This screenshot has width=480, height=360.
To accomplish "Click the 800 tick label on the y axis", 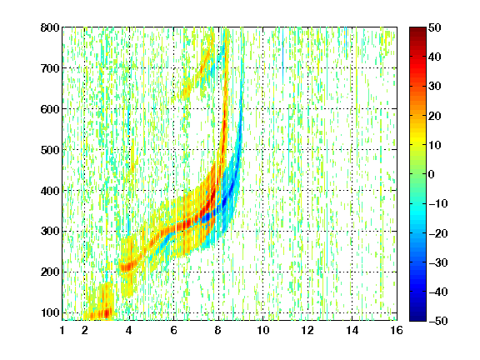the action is point(50,27).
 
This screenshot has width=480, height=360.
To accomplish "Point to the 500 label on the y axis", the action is point(50,150).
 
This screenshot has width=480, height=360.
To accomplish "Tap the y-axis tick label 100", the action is point(50,312).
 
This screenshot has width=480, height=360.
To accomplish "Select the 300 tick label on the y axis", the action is point(50,231).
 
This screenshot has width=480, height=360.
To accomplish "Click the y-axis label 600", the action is point(50,109).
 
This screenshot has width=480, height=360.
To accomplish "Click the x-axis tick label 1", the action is point(62,330).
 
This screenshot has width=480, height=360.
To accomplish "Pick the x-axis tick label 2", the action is point(85,330).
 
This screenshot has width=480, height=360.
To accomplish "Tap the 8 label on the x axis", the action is point(218,330).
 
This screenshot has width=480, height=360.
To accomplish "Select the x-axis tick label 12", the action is point(307,330).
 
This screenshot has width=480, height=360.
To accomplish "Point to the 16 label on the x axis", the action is point(397,330).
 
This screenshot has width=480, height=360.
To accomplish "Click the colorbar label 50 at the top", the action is point(435,27).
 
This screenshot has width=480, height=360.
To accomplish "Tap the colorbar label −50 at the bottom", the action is point(438,321).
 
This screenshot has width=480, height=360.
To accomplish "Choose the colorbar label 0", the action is point(432,174).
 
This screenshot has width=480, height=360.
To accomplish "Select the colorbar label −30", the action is point(438,262).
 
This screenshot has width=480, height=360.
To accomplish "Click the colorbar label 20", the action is point(435,116).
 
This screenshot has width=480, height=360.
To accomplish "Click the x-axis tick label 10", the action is point(263,330).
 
